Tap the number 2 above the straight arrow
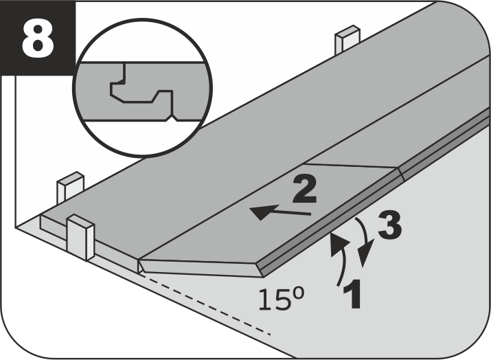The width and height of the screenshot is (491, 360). click(x=305, y=189)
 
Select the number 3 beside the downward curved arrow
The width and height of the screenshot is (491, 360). click(x=389, y=225)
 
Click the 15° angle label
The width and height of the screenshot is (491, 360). click(x=281, y=300)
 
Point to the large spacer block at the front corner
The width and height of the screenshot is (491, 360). click(x=80, y=237)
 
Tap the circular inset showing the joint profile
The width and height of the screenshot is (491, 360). click(x=143, y=87)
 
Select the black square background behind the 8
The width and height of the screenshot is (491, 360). click(x=38, y=38)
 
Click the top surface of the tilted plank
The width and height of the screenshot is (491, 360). click(x=269, y=213)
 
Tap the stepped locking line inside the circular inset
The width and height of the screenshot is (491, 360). click(x=141, y=91)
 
